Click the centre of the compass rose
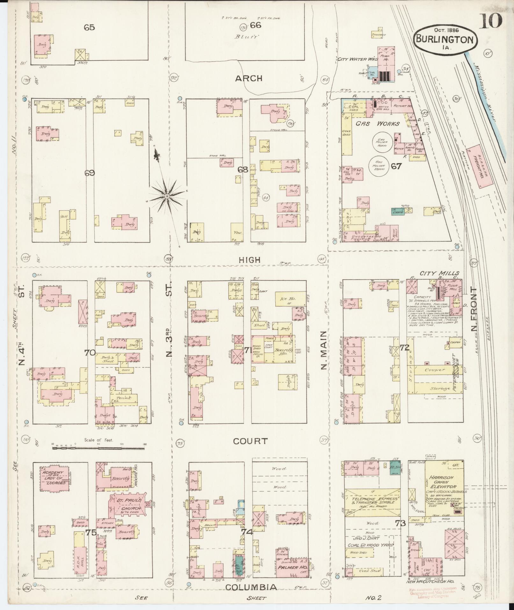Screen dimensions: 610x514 click(167, 195)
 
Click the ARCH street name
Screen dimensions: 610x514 click(249, 78)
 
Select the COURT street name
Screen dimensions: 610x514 click(250, 441)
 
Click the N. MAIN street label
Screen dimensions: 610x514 click(323, 350)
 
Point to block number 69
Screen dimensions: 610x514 click(90, 173)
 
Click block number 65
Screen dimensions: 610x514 click(89, 27)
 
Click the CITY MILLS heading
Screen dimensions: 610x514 click(439, 273)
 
